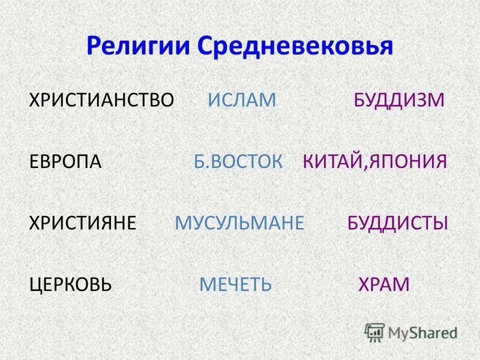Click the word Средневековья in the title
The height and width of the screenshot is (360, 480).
tap(295, 46)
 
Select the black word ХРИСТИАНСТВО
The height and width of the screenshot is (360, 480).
tap(101, 100)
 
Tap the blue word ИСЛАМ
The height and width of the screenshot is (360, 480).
tap(242, 100)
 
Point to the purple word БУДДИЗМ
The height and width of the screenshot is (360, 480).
tap(399, 100)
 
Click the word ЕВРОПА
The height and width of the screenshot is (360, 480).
tap(65, 162)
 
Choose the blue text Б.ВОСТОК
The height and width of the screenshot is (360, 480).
tap(238, 162)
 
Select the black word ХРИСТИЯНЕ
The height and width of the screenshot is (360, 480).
tap(83, 223)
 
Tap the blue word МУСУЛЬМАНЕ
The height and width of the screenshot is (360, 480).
tap(239, 223)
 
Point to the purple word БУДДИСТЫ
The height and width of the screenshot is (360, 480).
tap(398, 223)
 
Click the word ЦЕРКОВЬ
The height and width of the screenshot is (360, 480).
tap(71, 284)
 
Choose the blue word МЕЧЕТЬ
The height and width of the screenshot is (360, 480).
tap(236, 284)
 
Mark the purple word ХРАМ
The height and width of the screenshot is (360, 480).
tap(384, 284)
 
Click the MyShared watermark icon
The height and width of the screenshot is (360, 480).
tap(375, 332)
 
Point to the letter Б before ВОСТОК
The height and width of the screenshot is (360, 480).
tap(200, 162)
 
